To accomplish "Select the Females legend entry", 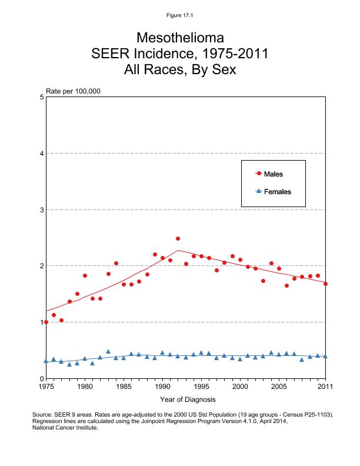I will (x=273, y=192).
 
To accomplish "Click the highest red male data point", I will (x=178, y=239).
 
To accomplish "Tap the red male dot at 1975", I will (x=46, y=322).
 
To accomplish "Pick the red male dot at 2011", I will (x=325, y=284).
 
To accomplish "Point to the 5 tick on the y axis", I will (x=41, y=97).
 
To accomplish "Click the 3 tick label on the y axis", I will (x=41, y=210).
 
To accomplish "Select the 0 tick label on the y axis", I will (x=41, y=378).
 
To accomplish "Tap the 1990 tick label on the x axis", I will (x=162, y=387).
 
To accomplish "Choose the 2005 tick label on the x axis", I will (x=279, y=387).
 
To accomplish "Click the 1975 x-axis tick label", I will (x=46, y=387).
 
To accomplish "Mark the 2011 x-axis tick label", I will (x=325, y=387).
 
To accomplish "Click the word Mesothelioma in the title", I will (x=180, y=38).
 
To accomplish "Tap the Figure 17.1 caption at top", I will (x=180, y=15).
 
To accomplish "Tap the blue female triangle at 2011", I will (x=325, y=356).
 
